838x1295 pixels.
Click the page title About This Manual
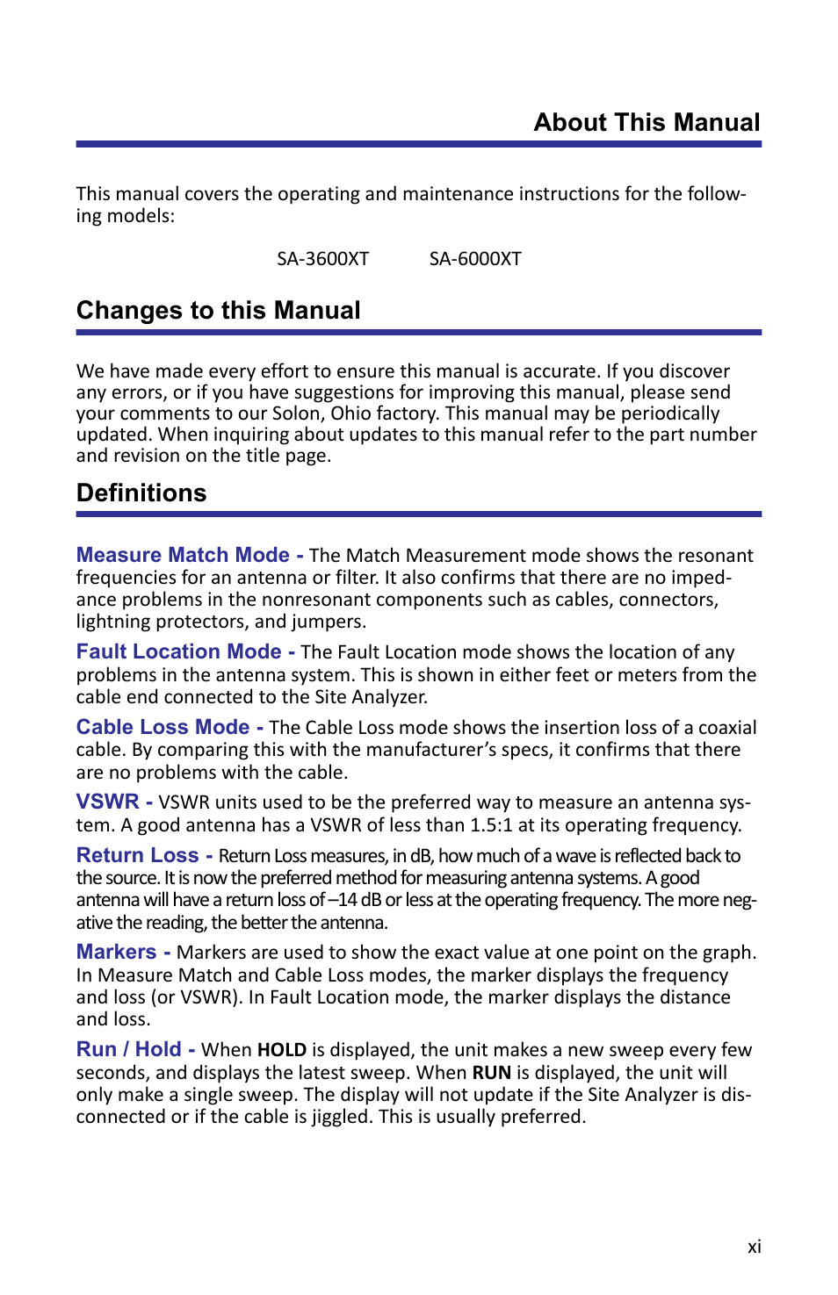[x=647, y=123]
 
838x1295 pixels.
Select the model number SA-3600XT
[x=322, y=259]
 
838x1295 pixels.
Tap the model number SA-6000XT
[x=475, y=259]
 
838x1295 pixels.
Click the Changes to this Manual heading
[x=219, y=311]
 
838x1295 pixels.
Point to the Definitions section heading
[x=141, y=493]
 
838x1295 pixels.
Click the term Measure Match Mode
[x=183, y=556]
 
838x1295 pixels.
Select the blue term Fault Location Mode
[x=178, y=652]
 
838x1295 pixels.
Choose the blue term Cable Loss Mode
[x=163, y=728]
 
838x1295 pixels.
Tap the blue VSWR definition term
[x=107, y=802]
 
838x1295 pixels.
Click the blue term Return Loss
[x=137, y=856]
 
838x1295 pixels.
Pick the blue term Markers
[x=116, y=953]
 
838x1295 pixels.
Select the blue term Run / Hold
[x=128, y=1050]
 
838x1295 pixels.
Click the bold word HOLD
[x=281, y=1051]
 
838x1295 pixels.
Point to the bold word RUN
[x=491, y=1073]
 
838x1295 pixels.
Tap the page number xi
[x=754, y=1248]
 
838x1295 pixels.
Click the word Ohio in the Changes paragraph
[x=350, y=414]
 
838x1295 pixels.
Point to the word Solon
[x=297, y=414]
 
